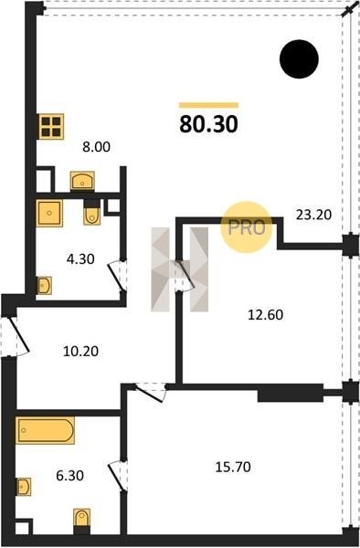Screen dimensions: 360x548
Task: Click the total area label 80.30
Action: coord(208,124)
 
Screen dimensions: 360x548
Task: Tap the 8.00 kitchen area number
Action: coord(96,147)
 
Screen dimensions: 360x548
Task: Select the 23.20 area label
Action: coord(313,215)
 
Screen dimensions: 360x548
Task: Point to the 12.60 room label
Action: coord(265,315)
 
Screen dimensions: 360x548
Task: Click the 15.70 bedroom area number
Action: coord(233,467)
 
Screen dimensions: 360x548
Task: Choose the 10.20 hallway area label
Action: coord(80,351)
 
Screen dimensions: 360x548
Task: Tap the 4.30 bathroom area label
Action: coord(80,259)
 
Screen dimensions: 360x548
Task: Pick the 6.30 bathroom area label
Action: coord(69,476)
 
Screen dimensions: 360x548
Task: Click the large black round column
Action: coord(299,59)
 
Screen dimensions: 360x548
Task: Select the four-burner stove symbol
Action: coord(51,127)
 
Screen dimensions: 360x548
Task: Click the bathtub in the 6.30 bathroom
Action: coord(45,430)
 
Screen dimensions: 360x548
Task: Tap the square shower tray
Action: coord(49,213)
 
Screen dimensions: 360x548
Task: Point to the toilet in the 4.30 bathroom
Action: coord(92,213)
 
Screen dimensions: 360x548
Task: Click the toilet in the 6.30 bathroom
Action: coord(82,522)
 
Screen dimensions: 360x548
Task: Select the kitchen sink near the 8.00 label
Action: coord(82,182)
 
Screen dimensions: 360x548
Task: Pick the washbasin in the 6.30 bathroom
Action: coord(24,487)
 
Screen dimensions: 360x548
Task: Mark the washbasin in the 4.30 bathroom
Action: coord(44,286)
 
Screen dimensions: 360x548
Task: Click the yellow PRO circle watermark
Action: coord(247,227)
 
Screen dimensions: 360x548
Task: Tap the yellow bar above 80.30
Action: coord(208,105)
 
